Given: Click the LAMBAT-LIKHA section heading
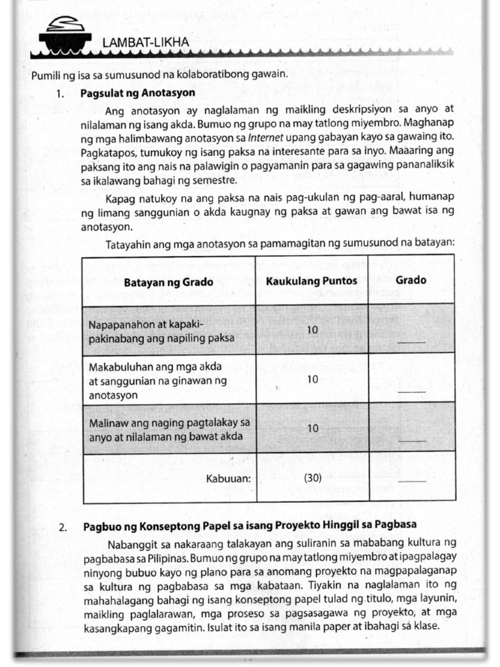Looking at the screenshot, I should coord(145,43).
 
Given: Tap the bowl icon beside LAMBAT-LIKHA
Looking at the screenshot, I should coord(64,36).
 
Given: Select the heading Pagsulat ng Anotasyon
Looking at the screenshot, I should coord(137,92).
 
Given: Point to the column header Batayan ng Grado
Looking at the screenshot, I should coord(169,281).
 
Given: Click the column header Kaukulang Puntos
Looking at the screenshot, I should coord(311,281).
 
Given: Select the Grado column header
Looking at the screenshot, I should coord(411,280).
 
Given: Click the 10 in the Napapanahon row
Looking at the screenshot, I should coord(312,330).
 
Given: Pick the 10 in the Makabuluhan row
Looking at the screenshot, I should coord(312,379).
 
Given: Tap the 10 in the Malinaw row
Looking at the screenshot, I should coord(312,429).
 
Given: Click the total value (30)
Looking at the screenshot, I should coord(312,477).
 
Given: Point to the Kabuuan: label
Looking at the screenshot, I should coord(228,478).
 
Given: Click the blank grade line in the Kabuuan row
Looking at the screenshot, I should coord(412,481).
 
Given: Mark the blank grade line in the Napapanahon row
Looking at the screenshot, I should coord(412,341).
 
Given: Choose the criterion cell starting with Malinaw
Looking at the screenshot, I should coord(169,429).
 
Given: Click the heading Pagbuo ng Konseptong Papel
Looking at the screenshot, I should coord(249,525).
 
